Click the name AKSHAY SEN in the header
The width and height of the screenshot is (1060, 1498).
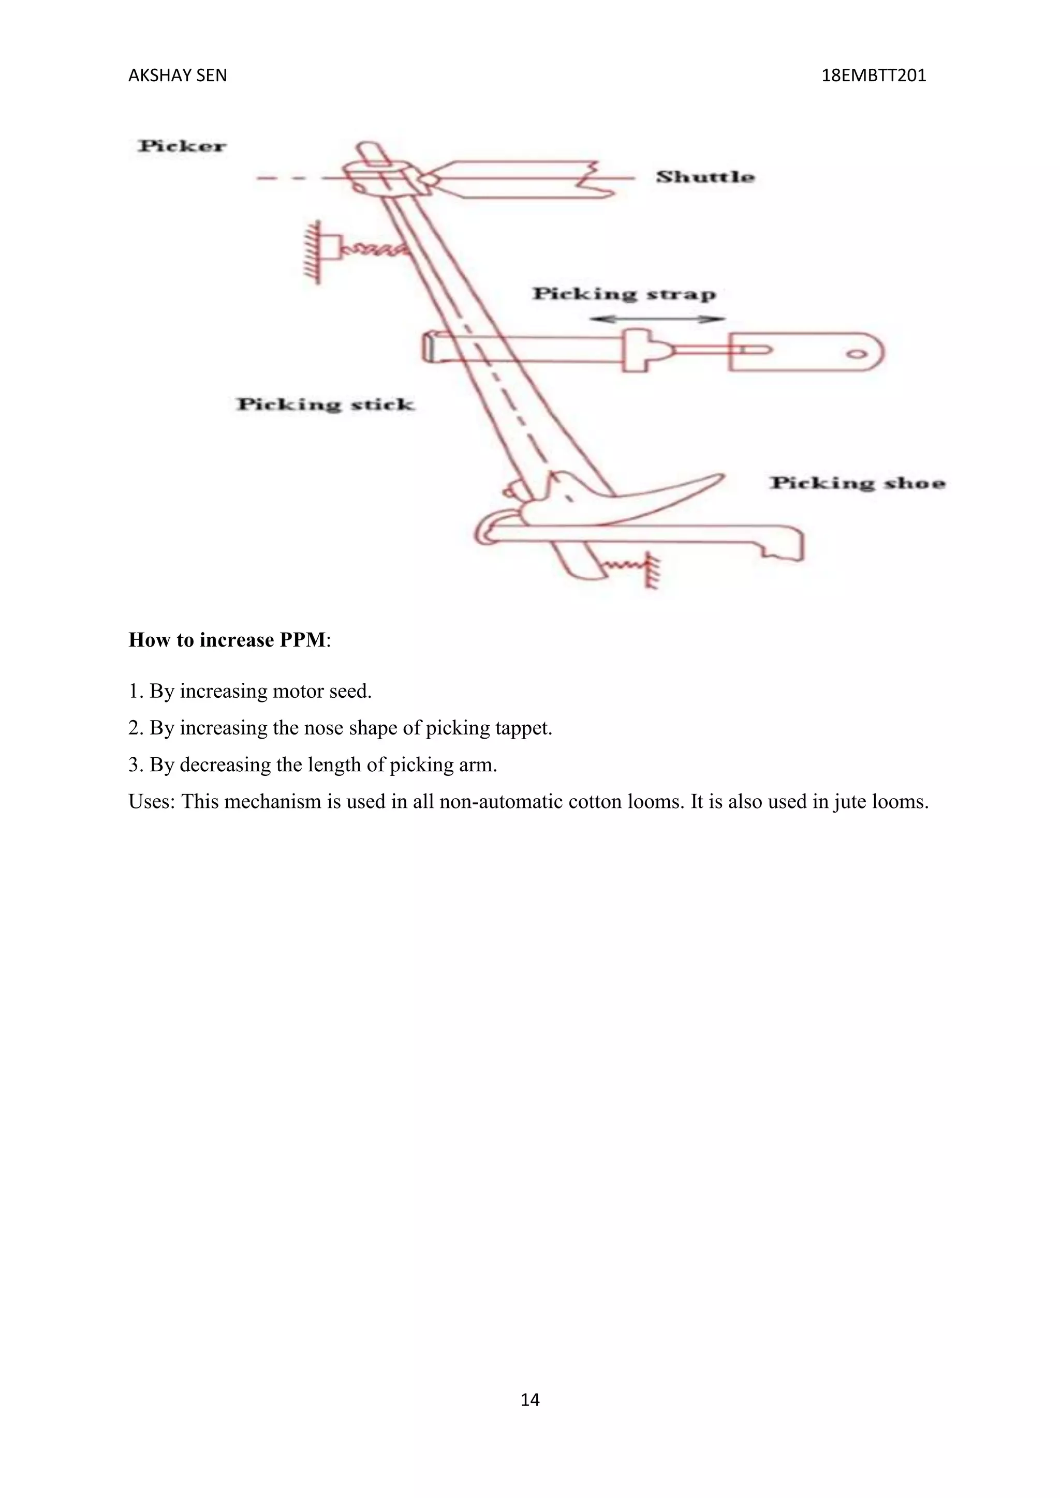coord(178,76)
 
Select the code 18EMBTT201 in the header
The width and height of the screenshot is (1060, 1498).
coord(873,76)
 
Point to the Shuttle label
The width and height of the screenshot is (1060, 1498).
coord(705,177)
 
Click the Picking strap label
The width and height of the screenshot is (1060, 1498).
coord(624,294)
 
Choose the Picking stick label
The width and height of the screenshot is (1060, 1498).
coord(325,405)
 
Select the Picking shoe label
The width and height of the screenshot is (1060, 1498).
coord(858,484)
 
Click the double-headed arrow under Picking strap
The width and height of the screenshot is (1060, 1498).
coord(657,319)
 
